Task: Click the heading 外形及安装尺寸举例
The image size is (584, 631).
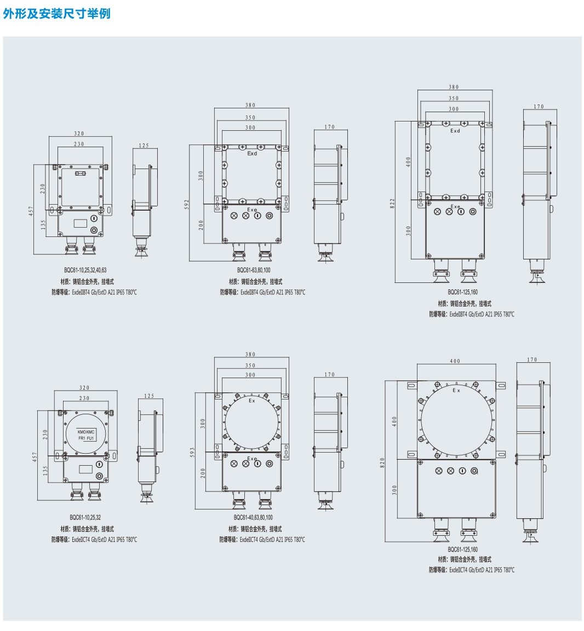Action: [57, 14]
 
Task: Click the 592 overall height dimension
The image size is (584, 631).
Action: [186, 204]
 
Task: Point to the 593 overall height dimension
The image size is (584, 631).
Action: [192, 453]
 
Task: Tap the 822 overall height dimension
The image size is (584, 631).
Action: [392, 203]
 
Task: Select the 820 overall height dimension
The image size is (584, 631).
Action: [382, 462]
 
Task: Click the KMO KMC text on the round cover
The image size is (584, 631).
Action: [86, 432]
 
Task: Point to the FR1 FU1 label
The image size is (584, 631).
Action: [86, 438]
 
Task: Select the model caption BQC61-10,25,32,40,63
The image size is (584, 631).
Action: [85, 270]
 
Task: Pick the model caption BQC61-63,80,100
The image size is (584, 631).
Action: [254, 270]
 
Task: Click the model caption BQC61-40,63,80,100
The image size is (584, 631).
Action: [253, 518]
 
